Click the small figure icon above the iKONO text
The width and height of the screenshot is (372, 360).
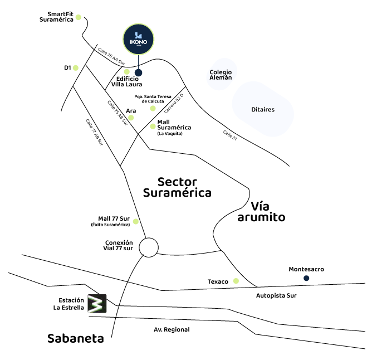(x=138, y=35)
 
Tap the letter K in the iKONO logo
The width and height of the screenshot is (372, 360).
(x=134, y=42)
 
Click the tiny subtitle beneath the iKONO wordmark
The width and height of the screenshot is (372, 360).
(x=139, y=46)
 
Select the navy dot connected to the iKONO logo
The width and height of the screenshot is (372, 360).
(x=139, y=72)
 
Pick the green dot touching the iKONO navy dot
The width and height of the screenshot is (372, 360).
(x=127, y=72)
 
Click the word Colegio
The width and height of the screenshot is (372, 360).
(x=221, y=72)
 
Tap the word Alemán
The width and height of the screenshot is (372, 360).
(x=221, y=78)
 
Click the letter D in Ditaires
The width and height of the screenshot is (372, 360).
(x=253, y=110)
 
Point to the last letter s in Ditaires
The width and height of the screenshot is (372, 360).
(x=273, y=110)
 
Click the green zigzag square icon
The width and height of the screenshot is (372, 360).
(x=97, y=304)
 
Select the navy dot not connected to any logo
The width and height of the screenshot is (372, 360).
(x=306, y=278)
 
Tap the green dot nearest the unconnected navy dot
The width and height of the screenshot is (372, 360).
(x=236, y=281)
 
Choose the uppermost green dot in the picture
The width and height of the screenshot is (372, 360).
(x=79, y=17)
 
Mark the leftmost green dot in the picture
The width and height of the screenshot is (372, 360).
(x=76, y=68)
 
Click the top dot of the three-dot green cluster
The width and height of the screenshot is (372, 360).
(x=153, y=109)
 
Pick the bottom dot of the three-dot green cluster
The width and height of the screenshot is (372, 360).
(x=153, y=127)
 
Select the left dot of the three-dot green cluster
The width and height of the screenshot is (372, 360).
(x=131, y=118)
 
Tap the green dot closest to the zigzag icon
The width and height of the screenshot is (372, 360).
(x=136, y=222)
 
